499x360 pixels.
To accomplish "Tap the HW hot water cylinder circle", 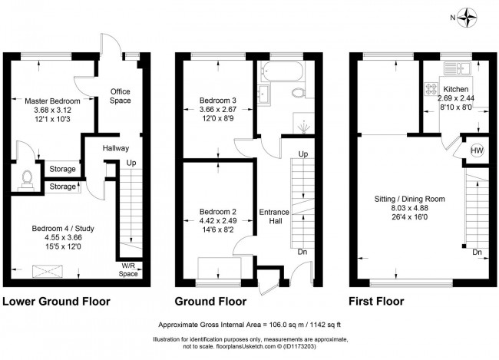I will coord(475,150).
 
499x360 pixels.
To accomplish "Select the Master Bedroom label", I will coord(52,101).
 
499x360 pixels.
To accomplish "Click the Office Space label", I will coord(121,95).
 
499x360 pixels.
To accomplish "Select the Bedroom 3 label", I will coord(218,101).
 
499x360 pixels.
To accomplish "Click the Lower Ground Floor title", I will coord(56,301).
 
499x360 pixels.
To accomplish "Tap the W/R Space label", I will coord(128,269).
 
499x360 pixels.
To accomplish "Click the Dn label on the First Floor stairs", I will coord(478,253).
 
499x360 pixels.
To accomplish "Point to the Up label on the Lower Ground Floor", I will coord(131,163).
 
